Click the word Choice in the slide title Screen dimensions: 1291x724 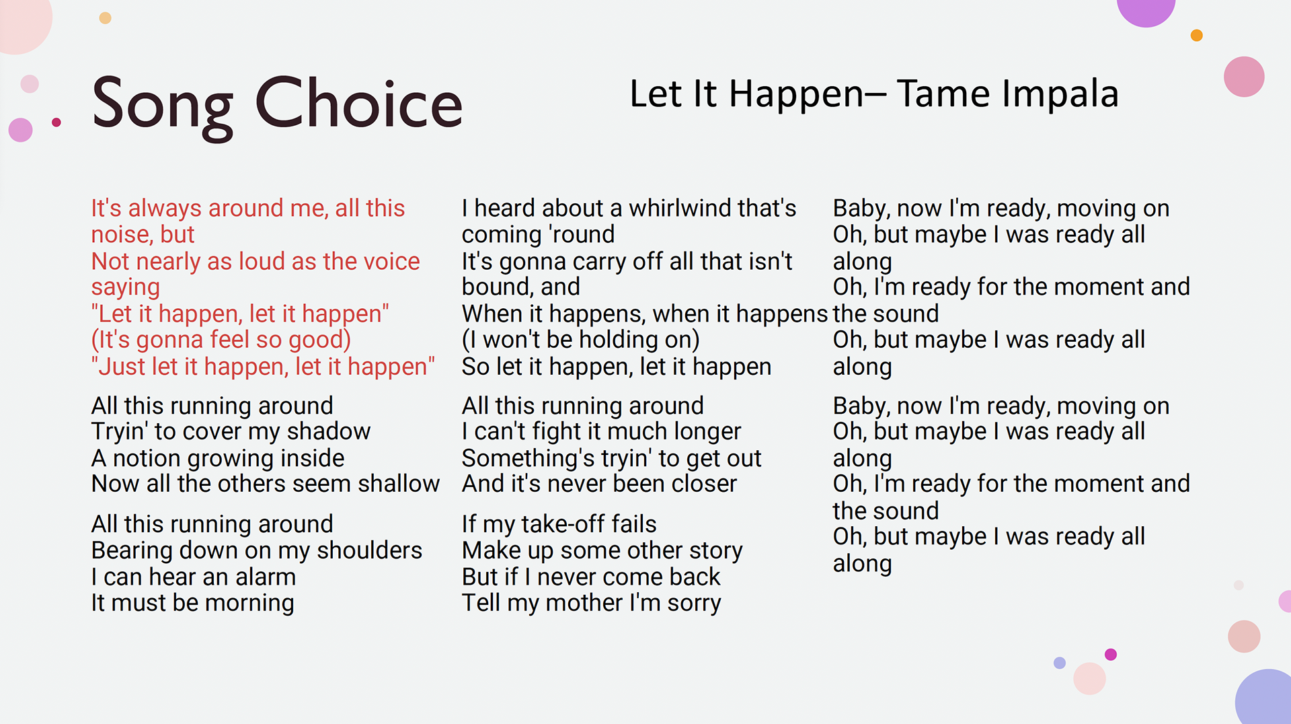pos(359,104)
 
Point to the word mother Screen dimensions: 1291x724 pos(584,603)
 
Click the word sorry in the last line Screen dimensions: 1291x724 pos(694,604)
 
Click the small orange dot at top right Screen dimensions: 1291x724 pos(1197,36)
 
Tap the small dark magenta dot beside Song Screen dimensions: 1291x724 pos(56,122)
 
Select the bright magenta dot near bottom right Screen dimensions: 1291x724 pos(1111,655)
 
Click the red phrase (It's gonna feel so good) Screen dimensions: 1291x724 pos(221,340)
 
